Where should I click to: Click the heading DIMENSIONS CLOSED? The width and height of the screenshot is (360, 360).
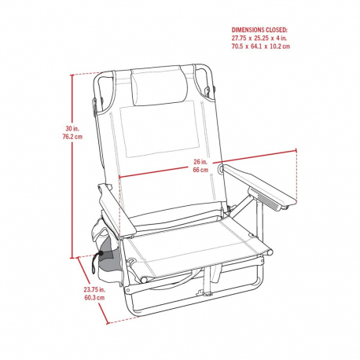[x=259, y=30]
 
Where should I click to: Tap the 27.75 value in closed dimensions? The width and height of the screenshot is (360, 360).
[x=239, y=38]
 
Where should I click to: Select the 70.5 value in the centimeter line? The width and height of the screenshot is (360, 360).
[x=237, y=46]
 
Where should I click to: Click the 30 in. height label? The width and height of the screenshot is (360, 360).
[x=72, y=129]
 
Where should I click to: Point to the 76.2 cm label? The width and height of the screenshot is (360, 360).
[x=72, y=137]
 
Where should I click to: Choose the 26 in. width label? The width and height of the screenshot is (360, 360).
[x=200, y=162]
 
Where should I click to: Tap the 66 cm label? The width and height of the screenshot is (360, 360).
[x=200, y=170]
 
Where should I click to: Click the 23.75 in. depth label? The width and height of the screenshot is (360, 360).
[x=94, y=289]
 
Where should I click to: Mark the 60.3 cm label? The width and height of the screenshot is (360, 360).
[x=94, y=298]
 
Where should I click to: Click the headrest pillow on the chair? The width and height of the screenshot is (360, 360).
[x=159, y=86]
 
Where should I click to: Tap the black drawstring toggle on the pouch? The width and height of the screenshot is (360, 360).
[x=101, y=254]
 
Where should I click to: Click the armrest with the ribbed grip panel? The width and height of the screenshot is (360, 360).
[x=259, y=185]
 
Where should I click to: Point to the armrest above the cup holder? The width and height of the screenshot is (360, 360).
[x=117, y=209]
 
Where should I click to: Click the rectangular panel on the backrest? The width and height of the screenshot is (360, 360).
[x=160, y=130]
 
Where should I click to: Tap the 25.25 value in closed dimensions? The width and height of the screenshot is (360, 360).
[x=261, y=38]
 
